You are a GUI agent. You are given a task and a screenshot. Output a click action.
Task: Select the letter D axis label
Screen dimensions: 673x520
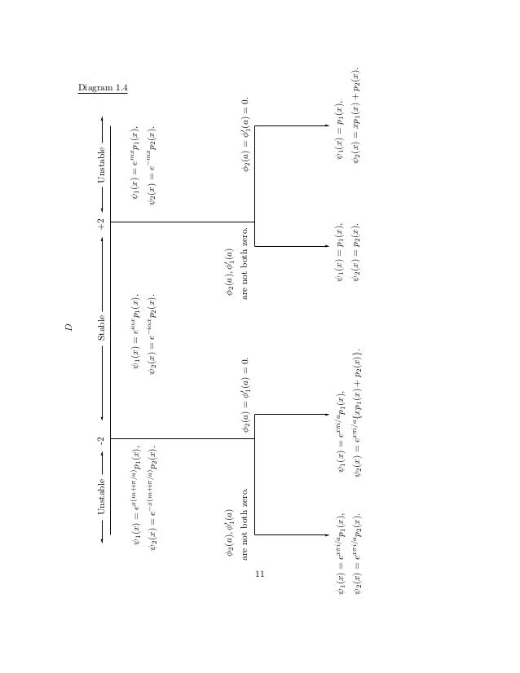coord(69,328)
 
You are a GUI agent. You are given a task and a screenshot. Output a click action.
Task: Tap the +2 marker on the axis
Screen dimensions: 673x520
coord(100,222)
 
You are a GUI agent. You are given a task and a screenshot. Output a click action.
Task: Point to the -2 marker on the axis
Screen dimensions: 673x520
coord(100,439)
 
